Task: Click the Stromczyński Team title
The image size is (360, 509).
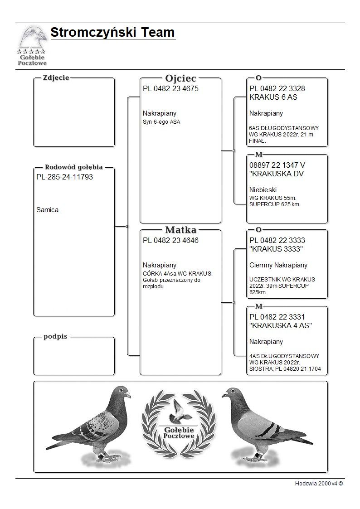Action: (112, 33)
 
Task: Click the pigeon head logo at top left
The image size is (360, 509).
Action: (33, 38)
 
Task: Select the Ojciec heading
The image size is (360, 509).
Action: (180, 78)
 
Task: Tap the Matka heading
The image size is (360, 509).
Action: (180, 230)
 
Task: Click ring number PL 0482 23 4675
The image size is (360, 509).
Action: (170, 89)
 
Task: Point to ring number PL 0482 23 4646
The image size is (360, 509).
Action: (170, 241)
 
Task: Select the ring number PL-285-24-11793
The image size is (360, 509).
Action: (64, 177)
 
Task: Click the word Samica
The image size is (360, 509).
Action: (47, 210)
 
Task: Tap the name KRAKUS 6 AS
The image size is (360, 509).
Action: (273, 97)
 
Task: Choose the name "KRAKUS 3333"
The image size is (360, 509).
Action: (276, 249)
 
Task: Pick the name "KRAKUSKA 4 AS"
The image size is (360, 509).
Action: (281, 326)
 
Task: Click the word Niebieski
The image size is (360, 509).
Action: (263, 190)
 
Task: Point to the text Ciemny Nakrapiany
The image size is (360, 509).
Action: (278, 265)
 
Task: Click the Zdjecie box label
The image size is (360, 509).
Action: (56, 78)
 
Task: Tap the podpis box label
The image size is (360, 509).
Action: (55, 337)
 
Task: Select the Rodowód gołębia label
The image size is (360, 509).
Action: (74, 167)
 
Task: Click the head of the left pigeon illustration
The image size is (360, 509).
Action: (123, 393)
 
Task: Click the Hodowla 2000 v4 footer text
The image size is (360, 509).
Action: (319, 484)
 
